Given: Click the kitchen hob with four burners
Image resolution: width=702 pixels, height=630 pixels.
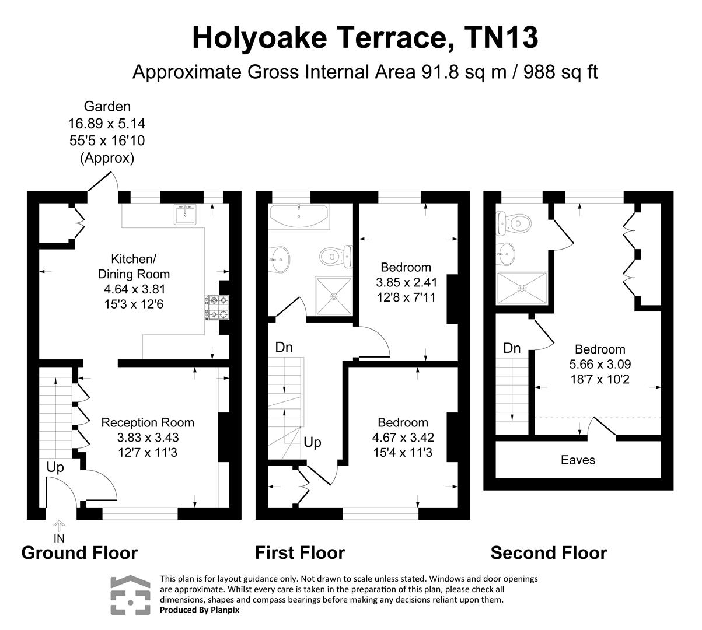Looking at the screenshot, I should point(217,307).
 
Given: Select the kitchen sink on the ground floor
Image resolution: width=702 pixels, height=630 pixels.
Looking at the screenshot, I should point(187,215).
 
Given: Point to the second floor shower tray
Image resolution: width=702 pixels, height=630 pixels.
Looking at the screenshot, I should point(522,288).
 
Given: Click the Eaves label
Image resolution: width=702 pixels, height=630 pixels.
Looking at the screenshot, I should point(578,460).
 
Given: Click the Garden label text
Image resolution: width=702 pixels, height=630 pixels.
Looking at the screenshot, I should point(107,107).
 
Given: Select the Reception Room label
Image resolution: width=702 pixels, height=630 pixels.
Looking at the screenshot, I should point(148,422).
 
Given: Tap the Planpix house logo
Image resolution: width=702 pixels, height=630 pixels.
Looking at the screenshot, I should point(131,594).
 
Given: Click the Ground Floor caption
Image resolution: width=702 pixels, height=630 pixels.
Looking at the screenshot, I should point(79,552).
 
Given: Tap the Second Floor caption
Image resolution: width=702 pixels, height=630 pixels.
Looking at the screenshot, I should point(549,552).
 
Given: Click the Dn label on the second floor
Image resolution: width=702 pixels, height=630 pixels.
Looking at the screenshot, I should point(512,348).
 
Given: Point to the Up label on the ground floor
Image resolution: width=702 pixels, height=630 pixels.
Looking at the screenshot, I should point(55,467).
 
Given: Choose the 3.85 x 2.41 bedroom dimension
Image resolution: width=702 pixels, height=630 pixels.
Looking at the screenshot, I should point(406,282).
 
